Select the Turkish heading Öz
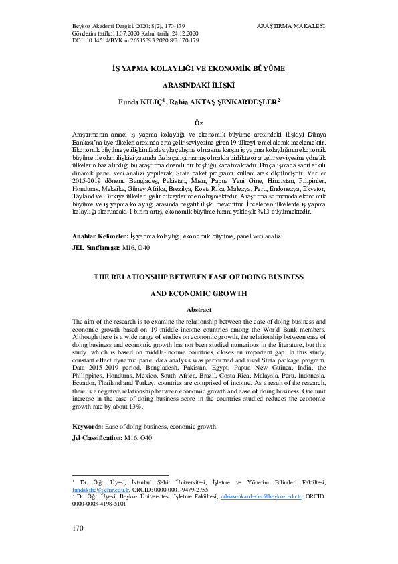pyautogui.click(x=198, y=123)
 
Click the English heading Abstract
pyautogui.click(x=198, y=310)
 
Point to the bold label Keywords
pyautogui.click(x=90, y=426)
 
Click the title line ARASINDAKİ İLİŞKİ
pyautogui.click(x=199, y=85)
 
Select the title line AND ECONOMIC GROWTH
pyautogui.click(x=199, y=293)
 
